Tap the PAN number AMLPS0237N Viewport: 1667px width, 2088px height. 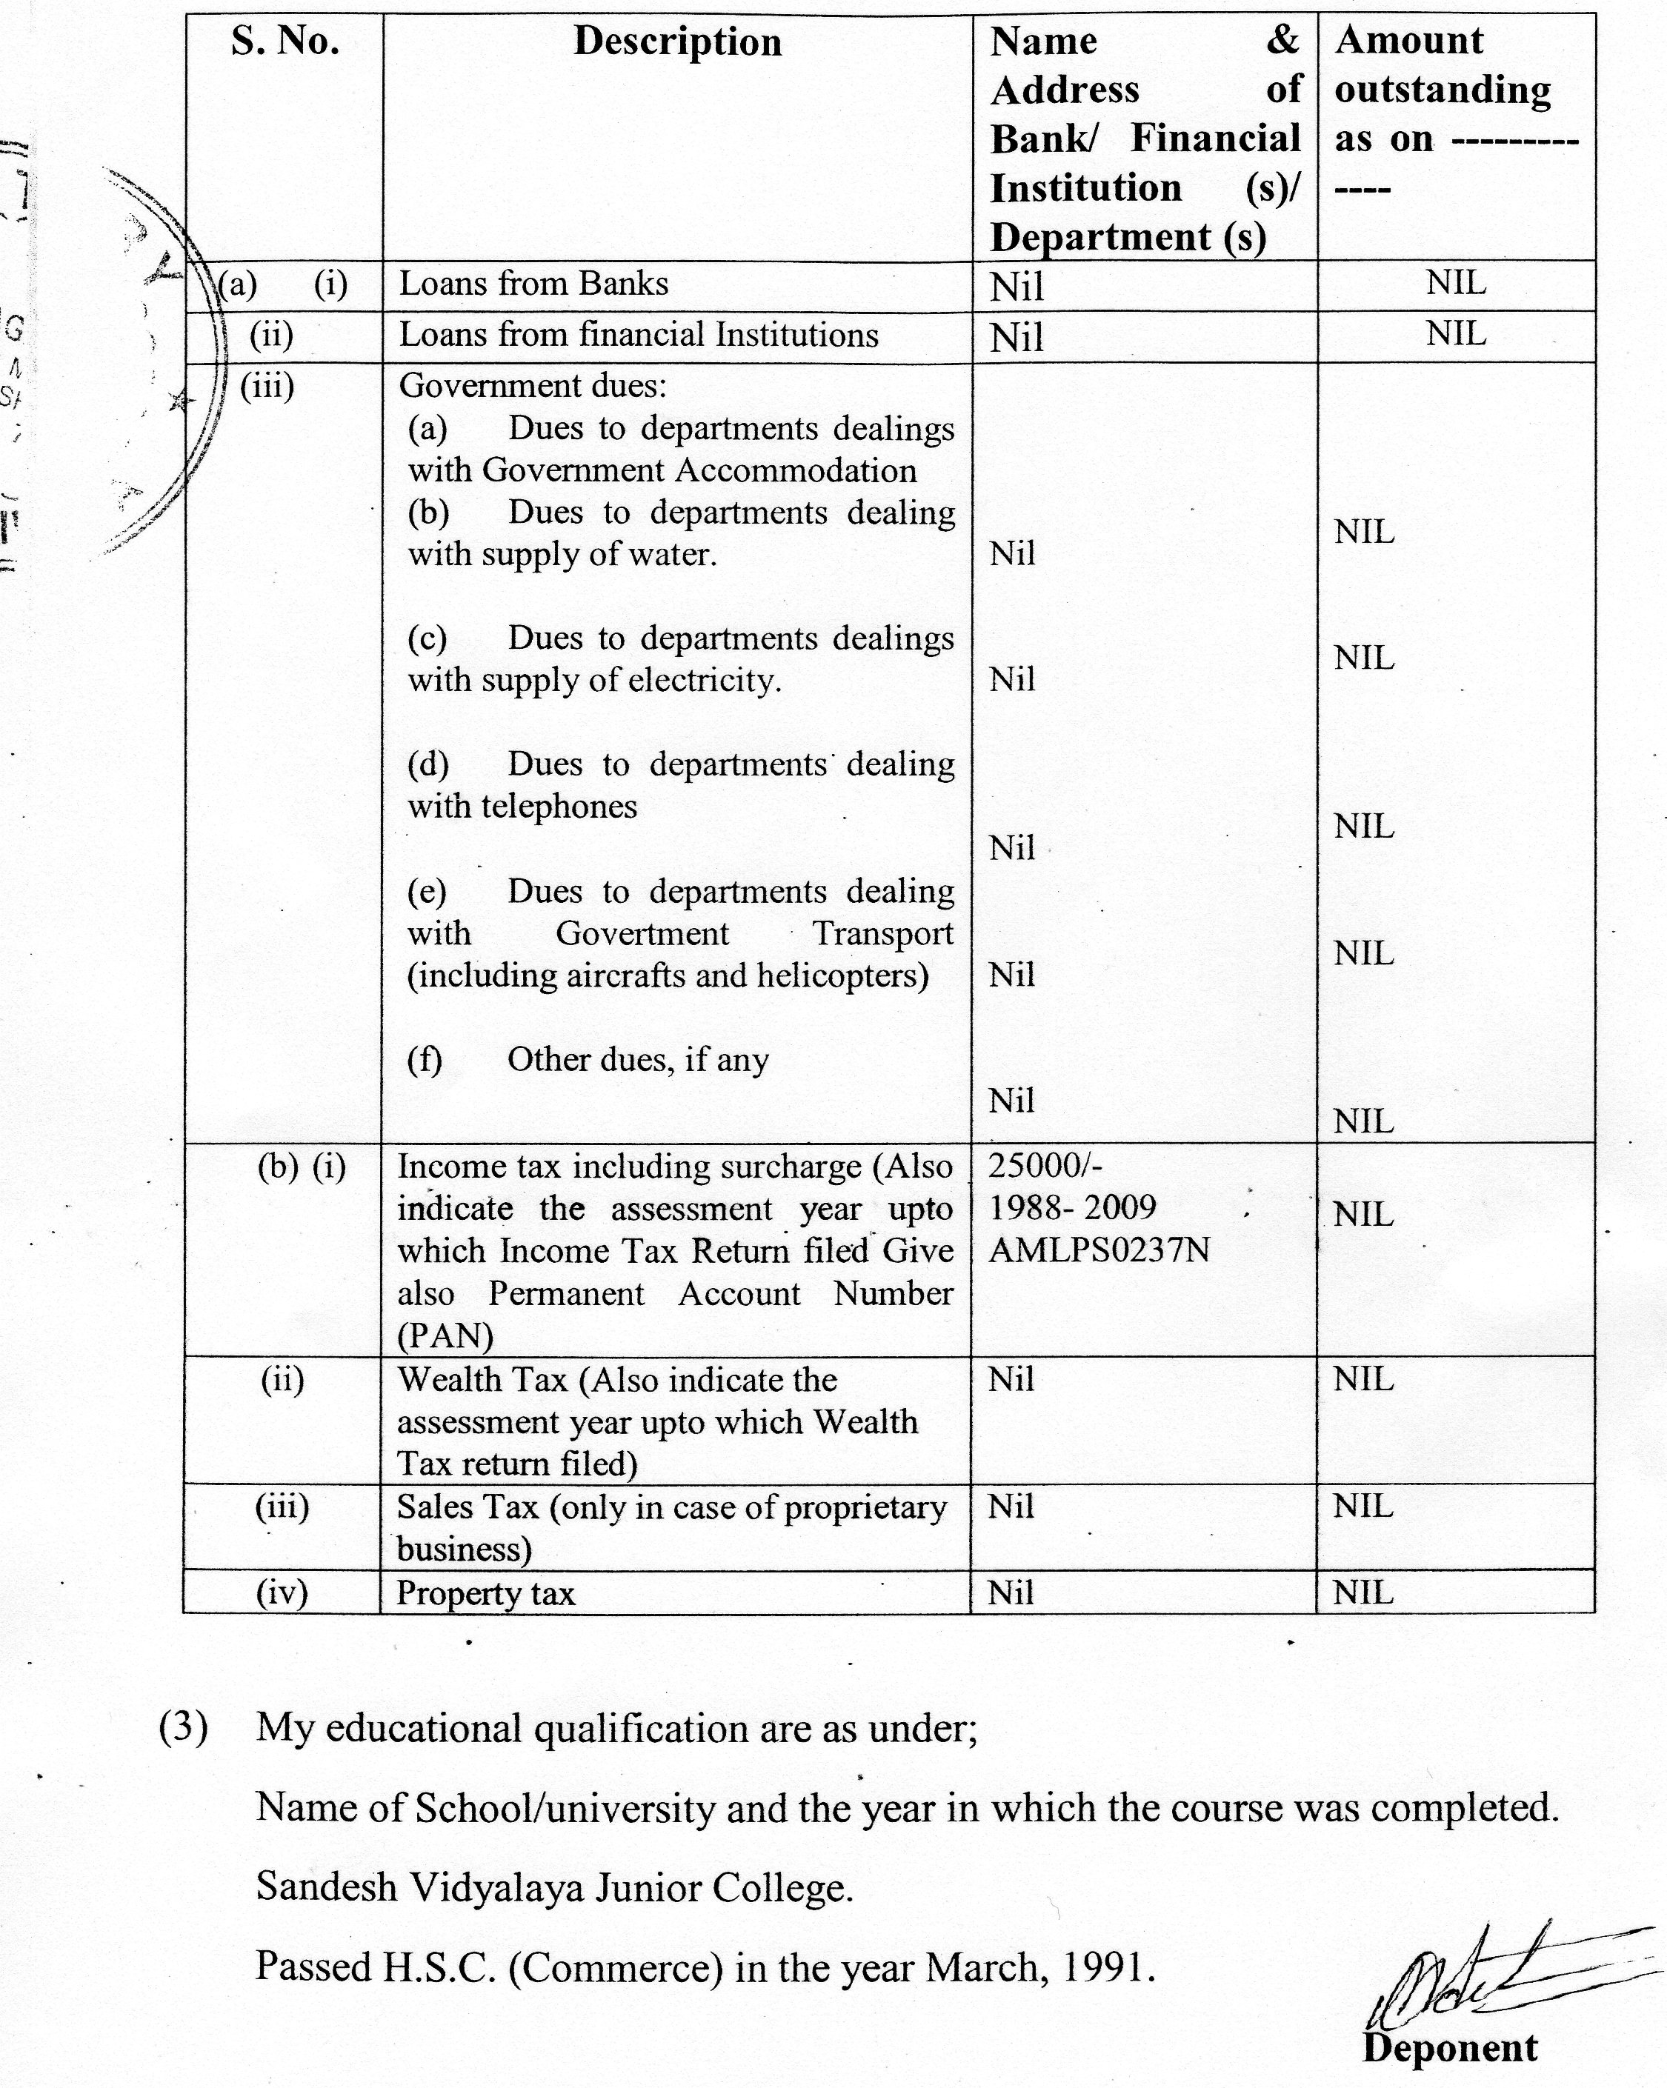[1099, 1250]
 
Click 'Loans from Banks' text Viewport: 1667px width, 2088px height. [533, 284]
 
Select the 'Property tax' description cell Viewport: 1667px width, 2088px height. [485, 1593]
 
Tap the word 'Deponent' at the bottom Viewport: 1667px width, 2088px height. [1449, 2047]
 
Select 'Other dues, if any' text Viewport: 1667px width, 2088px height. [637, 1059]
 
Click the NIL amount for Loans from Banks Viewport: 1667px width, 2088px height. [1455, 283]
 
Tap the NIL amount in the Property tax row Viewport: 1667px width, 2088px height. [1362, 1592]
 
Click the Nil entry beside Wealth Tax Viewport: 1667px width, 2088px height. [1011, 1379]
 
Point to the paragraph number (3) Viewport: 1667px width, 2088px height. [183, 1728]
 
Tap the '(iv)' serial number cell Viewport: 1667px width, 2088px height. [282, 1592]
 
